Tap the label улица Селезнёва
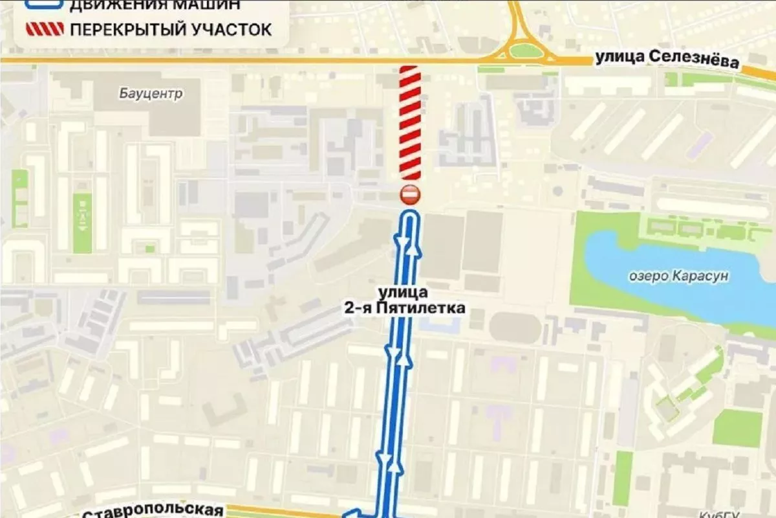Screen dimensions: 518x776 coord(667,61)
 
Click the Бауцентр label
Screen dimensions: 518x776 coord(151,94)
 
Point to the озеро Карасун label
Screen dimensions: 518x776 coord(678,276)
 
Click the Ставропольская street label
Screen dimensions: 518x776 coord(153,511)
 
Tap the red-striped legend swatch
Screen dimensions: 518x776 coord(44,29)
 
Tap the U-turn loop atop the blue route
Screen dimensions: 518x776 coord(410,215)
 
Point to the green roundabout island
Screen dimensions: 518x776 coord(525,50)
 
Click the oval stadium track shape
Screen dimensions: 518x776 coord(515,328)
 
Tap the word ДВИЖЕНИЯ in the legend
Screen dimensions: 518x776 coord(111,5)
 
